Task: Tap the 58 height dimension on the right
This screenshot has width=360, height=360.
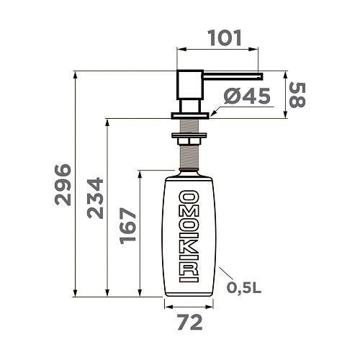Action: pyautogui.click(x=297, y=94)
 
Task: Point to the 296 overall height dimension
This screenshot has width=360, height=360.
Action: pyautogui.click(x=63, y=184)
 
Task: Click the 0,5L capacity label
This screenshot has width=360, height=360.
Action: pyautogui.click(x=244, y=289)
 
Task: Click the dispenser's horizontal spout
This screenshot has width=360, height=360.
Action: pyautogui.click(x=230, y=74)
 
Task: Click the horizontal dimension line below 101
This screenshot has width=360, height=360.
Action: pyautogui.click(x=219, y=50)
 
